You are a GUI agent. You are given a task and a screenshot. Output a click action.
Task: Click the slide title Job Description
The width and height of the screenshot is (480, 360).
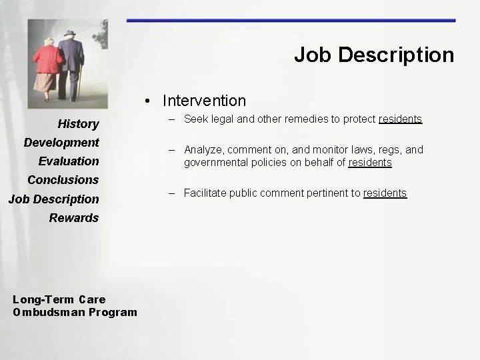pos(373,55)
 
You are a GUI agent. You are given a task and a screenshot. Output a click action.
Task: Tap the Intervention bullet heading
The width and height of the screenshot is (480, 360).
pos(204,101)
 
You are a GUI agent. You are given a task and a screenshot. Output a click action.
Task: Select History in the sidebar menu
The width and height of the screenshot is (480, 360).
pos(78,123)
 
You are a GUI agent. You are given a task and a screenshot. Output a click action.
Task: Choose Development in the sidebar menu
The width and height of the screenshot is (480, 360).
pos(61,142)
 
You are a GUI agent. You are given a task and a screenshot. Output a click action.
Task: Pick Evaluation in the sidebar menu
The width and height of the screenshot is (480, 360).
pos(68,161)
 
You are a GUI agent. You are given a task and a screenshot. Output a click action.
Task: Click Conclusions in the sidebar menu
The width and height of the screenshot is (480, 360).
pos(63,179)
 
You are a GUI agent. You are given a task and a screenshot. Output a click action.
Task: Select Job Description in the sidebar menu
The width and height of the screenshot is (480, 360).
pos(53,199)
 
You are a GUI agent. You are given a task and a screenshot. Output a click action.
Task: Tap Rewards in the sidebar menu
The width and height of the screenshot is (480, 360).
pos(73,217)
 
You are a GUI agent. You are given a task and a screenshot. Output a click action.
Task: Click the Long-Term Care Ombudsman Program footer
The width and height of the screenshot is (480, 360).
pos(75,306)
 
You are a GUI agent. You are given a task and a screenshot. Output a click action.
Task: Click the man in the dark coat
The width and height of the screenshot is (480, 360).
pos(69,63)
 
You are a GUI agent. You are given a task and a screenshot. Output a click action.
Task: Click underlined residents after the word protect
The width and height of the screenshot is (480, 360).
pos(400,119)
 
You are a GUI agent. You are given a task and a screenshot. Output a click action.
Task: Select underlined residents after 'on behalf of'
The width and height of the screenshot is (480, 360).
pos(370,163)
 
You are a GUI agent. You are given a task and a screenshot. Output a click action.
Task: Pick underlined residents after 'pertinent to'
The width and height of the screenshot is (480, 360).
pos(385,193)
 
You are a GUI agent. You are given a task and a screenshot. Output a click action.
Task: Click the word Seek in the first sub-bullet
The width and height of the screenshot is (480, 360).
pos(195,119)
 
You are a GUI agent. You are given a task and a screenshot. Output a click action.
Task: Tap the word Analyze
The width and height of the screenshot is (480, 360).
pos(203,150)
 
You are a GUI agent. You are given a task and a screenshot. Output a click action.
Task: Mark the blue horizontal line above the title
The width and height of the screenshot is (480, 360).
pos(291,21)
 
